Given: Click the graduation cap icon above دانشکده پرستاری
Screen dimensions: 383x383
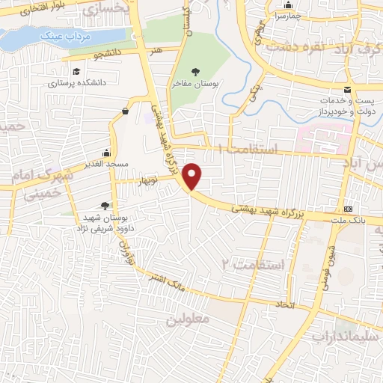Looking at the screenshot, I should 76,72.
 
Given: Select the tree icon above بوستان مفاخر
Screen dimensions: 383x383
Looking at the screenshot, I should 195,72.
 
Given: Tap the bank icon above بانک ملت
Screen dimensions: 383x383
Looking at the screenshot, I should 348,209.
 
